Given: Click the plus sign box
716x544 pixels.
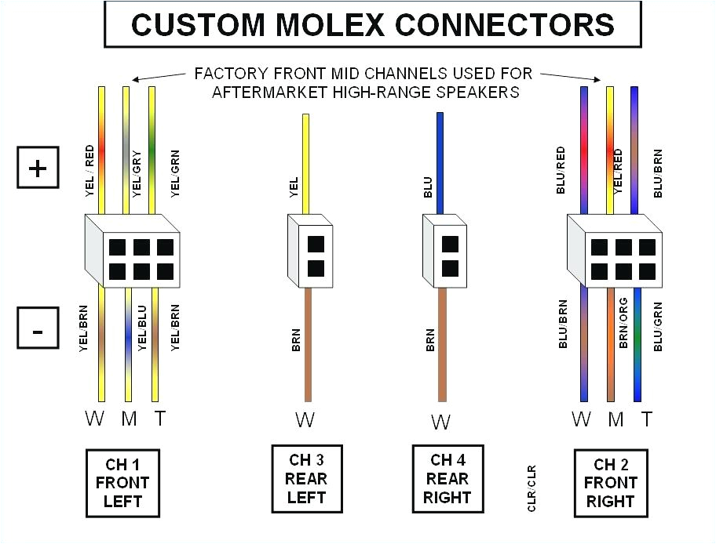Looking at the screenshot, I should tap(37, 169).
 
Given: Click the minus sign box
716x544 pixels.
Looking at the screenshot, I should tap(37, 328).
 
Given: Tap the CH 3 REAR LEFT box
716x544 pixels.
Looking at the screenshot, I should tap(305, 478).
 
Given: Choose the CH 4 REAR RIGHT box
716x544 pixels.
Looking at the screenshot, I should tap(447, 478).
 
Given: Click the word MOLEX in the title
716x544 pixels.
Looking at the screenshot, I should tap(324, 24).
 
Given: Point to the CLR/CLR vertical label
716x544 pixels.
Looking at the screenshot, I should tap(532, 488).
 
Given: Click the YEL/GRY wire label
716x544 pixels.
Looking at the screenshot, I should tap(137, 172).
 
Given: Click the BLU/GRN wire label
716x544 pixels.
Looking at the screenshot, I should tap(658, 326).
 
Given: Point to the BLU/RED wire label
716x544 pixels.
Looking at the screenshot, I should tap(561, 170).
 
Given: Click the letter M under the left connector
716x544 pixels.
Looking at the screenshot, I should tap(129, 418).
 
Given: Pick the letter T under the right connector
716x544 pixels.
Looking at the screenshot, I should tap(647, 419).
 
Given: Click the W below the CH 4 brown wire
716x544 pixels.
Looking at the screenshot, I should tap(441, 422).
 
